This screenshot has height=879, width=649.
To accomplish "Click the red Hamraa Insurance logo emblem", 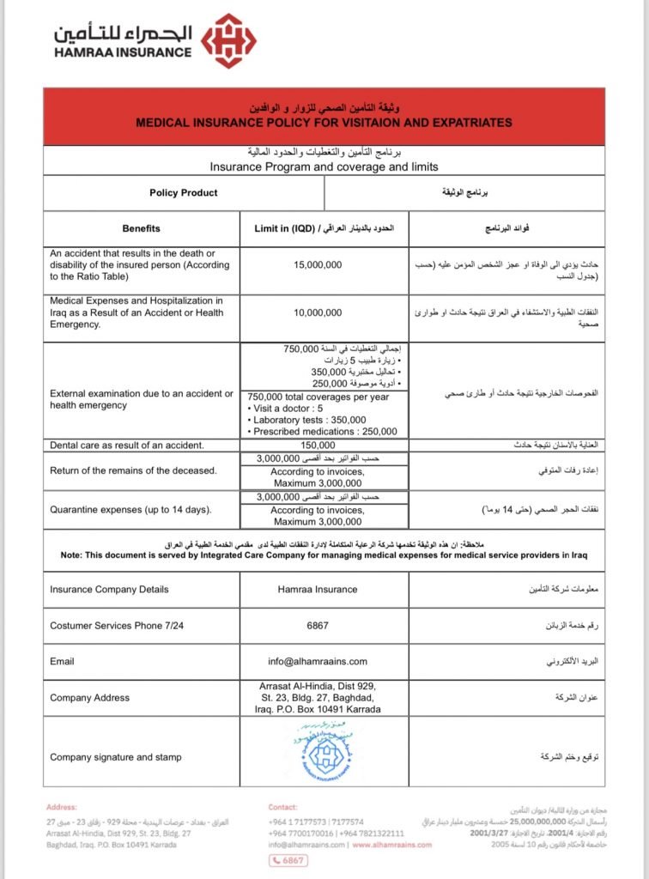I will click(x=227, y=40).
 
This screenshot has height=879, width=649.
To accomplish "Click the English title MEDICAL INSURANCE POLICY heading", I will click(x=324, y=123).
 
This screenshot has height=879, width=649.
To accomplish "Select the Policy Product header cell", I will click(x=184, y=193).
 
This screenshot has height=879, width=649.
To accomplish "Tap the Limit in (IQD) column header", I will click(x=324, y=229).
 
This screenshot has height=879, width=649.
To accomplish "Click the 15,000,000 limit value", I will click(x=317, y=265).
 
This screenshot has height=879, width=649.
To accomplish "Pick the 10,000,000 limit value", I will click(x=317, y=312).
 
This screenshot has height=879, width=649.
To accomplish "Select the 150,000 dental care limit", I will click(x=317, y=446).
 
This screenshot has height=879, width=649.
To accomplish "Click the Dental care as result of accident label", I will click(x=127, y=446).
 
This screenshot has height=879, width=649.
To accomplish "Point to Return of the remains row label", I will click(x=133, y=470).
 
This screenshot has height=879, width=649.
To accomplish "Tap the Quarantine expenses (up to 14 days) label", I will click(x=130, y=511).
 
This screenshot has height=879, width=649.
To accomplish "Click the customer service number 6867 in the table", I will click(x=317, y=626).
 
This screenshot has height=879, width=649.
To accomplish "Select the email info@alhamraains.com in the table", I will click(x=317, y=662).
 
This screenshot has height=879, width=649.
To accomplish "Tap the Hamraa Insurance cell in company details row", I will click(x=317, y=590).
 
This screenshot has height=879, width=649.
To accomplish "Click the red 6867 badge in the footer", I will click(x=293, y=861).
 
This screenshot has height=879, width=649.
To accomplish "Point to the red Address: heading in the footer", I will click(x=62, y=808).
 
